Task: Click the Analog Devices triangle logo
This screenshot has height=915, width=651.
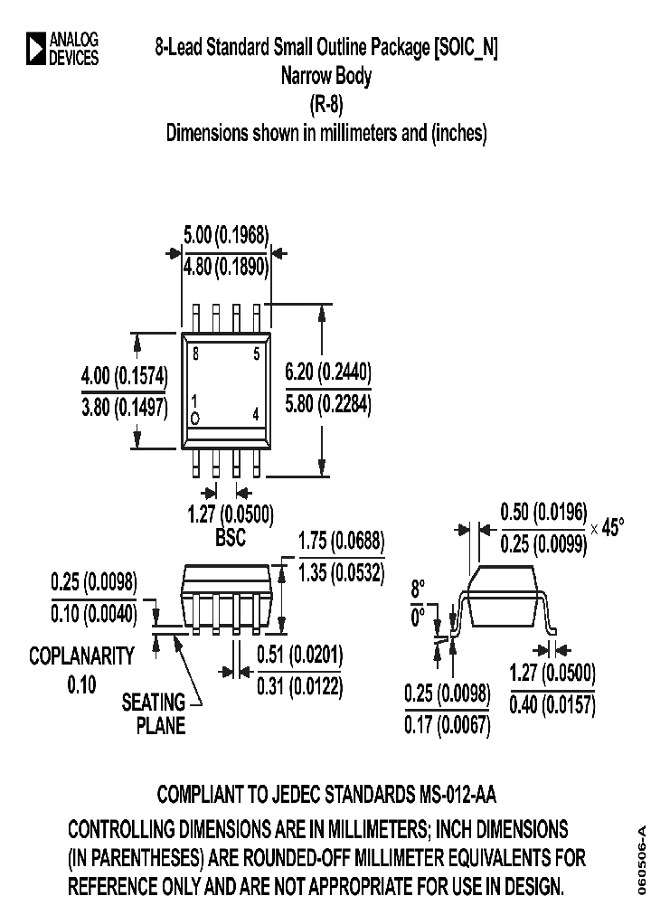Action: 35,50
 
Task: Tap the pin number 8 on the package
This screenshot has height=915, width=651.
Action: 195,354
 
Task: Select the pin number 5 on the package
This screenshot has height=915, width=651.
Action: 257,354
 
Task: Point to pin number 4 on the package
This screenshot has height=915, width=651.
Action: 257,414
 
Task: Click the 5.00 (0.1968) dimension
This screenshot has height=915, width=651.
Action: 226,235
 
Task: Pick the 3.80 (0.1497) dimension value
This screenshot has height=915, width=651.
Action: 124,407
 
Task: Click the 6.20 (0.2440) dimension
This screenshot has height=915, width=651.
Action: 327,372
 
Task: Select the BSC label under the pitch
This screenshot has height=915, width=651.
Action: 230,537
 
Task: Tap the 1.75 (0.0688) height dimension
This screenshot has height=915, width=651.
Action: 341,542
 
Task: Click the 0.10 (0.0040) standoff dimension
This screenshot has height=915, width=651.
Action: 93,614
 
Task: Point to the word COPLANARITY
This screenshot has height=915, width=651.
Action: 81,656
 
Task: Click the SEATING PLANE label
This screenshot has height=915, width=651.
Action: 154,712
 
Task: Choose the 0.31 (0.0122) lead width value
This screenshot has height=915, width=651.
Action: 299,686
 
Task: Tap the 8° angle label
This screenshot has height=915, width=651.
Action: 418,590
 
